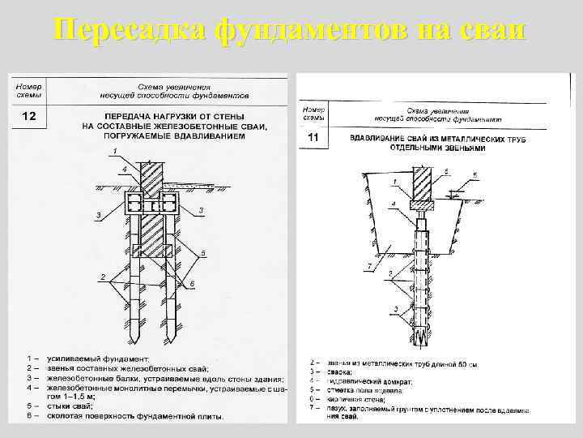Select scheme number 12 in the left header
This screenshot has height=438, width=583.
pos(28,118)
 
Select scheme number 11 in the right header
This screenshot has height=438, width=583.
pos(313,140)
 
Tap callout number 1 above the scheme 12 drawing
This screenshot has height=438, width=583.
pos(115,152)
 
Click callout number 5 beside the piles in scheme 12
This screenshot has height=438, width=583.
pos(203,253)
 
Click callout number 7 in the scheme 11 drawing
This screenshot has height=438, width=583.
pos(369,266)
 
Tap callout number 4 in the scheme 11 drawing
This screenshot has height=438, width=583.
pos(394,203)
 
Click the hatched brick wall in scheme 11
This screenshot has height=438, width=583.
pos(423,183)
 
